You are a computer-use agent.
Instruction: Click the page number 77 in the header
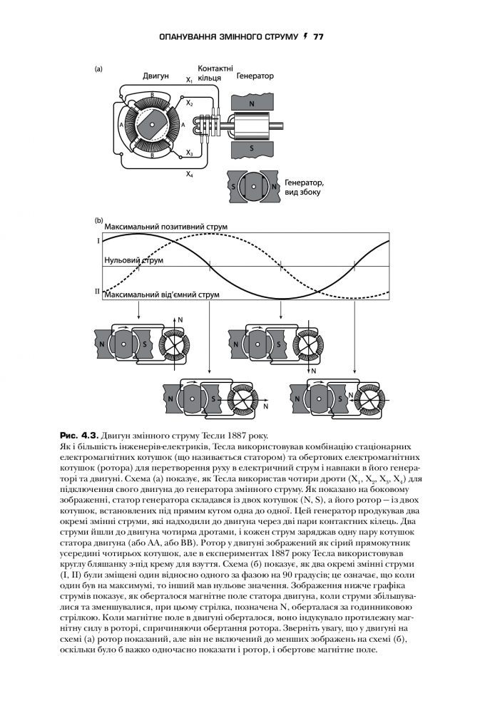click(318, 37)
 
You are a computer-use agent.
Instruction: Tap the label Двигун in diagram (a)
click(155, 76)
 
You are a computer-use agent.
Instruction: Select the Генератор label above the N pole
click(255, 76)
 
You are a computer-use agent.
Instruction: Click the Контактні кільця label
click(215, 73)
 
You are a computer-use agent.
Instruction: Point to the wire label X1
click(189, 81)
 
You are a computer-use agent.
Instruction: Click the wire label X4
click(189, 174)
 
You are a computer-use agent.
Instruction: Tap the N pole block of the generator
click(252, 104)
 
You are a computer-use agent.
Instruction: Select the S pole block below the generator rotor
click(252, 148)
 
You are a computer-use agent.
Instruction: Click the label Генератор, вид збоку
click(304, 188)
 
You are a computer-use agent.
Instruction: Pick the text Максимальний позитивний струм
click(166, 227)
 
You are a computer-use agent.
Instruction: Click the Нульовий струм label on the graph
click(134, 260)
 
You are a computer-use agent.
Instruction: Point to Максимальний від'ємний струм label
click(162, 294)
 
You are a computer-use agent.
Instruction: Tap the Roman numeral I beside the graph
click(98, 240)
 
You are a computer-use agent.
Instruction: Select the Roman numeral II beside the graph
click(98, 291)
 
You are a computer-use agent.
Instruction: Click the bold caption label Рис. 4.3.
click(79, 435)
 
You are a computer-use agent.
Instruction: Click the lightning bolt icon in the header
click(305, 36)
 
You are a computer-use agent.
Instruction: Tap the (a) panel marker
click(98, 69)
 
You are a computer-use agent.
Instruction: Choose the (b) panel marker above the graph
click(98, 220)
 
